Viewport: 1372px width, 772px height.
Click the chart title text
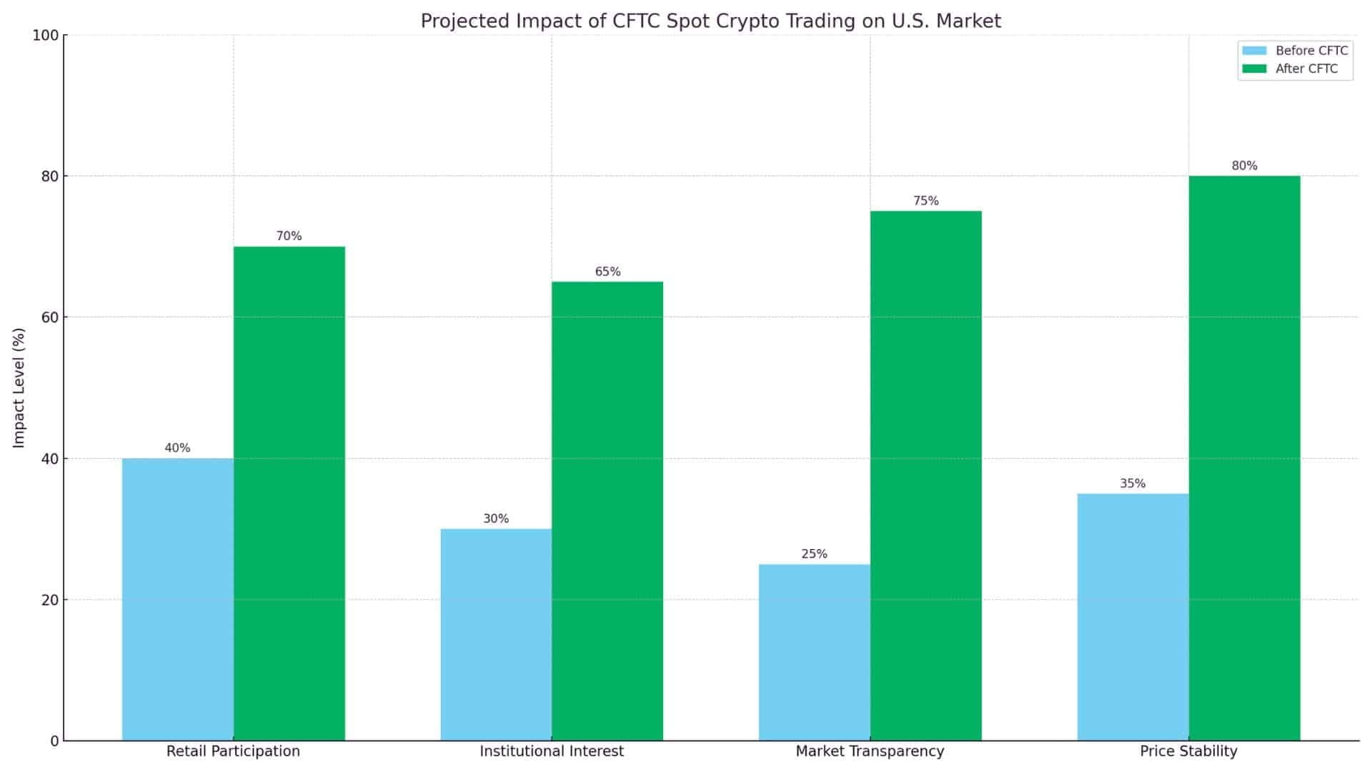(710, 21)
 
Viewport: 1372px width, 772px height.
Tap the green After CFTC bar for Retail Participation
(289, 493)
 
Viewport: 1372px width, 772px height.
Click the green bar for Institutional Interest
(607, 511)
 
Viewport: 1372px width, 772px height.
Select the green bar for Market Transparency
(926, 475)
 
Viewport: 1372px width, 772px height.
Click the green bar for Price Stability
(1244, 457)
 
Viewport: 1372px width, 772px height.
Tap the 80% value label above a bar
(1244, 166)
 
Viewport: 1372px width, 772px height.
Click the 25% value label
(814, 554)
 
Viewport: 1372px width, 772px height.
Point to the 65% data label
(607, 272)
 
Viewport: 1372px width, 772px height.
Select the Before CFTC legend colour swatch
(1254, 51)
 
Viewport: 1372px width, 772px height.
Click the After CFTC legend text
(1306, 69)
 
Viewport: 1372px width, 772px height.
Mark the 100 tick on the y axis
(45, 35)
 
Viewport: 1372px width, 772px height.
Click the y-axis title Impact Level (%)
(19, 387)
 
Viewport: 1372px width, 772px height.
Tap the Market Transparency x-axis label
(870, 751)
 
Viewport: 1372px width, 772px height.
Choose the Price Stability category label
(1188, 751)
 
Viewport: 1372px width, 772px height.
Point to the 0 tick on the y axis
(54, 741)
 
